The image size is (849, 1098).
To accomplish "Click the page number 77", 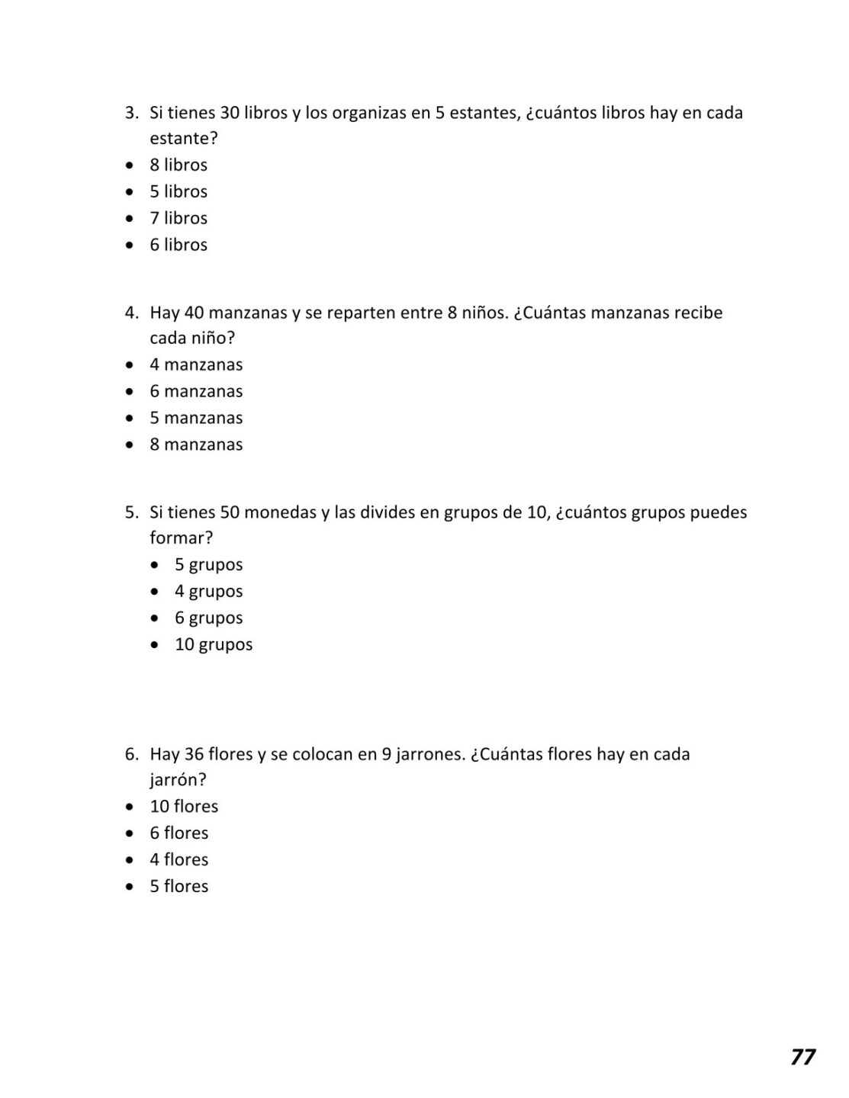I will coord(802,1056).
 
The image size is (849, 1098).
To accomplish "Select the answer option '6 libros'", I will coord(178,245).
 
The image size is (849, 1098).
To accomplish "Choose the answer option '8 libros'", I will coord(178,165).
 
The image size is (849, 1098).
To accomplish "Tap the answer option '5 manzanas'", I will coord(196,418).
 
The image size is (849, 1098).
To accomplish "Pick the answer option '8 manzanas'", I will coord(196,445).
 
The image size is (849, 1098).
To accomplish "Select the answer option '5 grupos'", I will coord(208,565).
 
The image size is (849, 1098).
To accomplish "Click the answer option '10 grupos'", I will coord(214,644).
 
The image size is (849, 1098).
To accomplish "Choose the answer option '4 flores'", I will coord(178,859).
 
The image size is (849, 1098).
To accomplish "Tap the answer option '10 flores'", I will coord(184,806).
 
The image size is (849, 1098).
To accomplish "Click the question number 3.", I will coord(131,113).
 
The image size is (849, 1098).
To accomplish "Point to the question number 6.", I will coord(131,754).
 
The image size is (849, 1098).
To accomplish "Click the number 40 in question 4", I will coord(195,313).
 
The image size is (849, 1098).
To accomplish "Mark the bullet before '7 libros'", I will coord(130,219).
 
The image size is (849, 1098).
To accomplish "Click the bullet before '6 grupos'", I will coord(156,618).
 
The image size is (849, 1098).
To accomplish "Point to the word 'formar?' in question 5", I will coord(181,538).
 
